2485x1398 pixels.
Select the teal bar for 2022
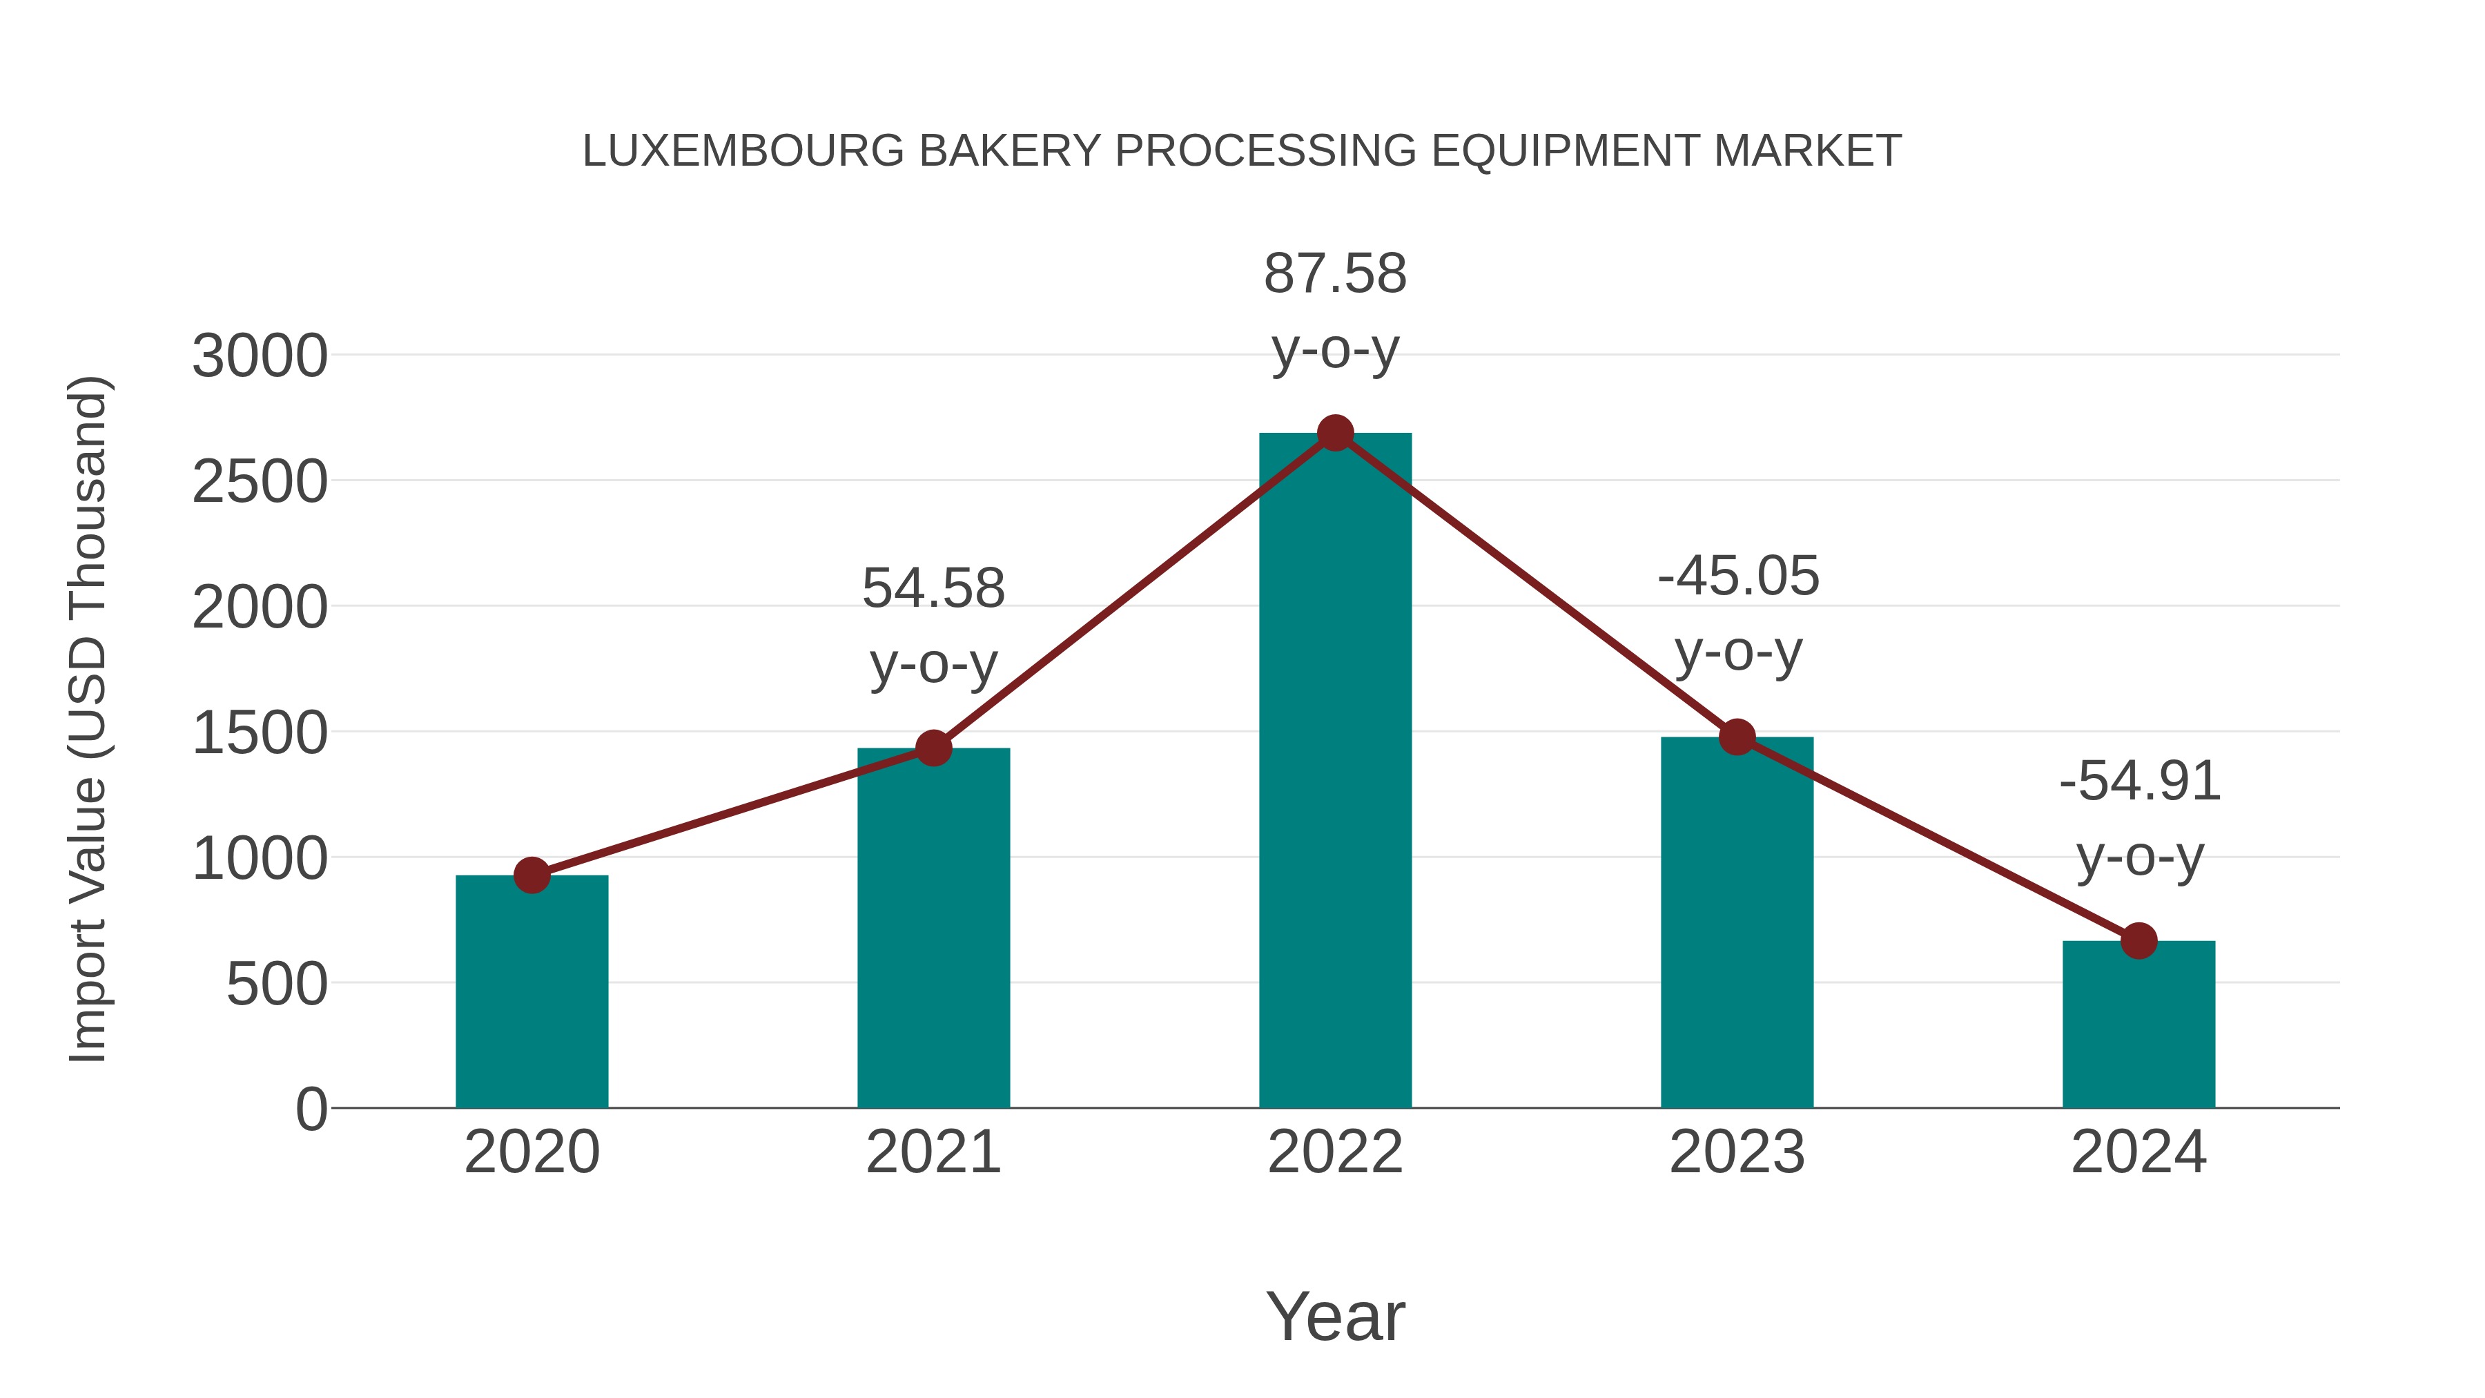point(1335,772)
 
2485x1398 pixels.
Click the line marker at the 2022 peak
point(1335,433)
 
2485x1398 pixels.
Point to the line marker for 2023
point(1737,737)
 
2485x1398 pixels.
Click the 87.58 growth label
point(1335,274)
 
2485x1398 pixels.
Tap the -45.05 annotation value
point(1738,577)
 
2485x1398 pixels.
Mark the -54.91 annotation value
point(2140,781)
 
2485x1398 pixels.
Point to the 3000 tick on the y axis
point(260,356)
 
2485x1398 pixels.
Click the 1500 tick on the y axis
point(260,733)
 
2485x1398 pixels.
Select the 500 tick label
point(277,985)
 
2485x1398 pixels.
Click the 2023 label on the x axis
point(1737,1152)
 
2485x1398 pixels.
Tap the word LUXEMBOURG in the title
point(743,151)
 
